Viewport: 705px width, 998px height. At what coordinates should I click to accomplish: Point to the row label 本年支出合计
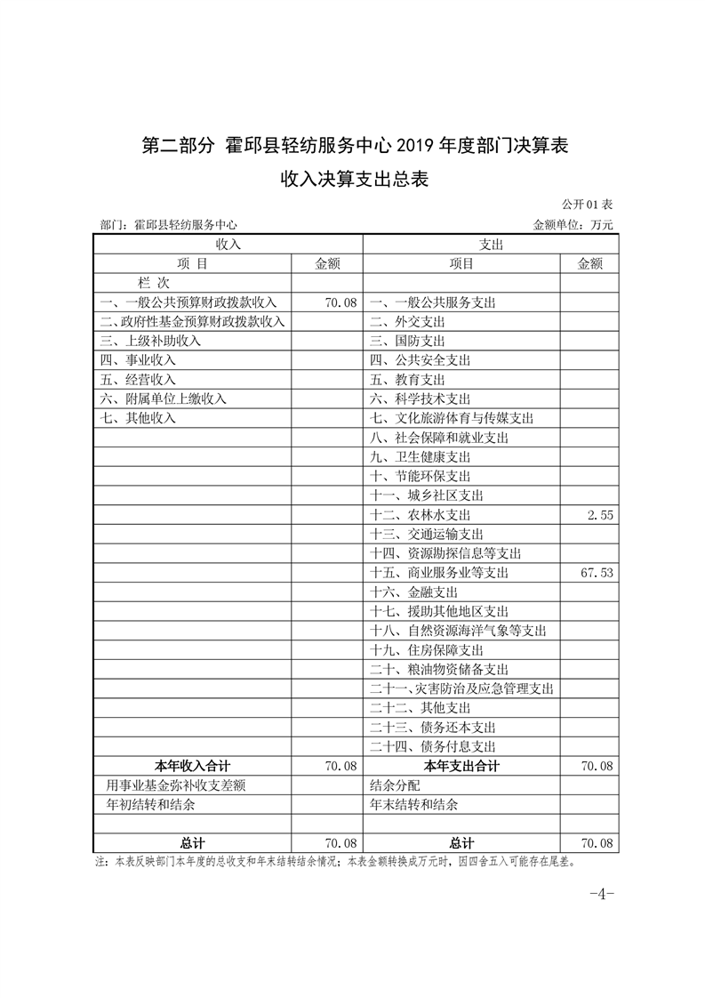pyautogui.click(x=461, y=766)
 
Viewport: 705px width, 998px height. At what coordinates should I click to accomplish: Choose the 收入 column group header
pyautogui.click(x=228, y=244)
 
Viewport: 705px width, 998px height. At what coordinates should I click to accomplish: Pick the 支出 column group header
pyautogui.click(x=491, y=244)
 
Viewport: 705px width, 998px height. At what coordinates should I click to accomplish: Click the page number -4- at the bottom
pyautogui.click(x=601, y=893)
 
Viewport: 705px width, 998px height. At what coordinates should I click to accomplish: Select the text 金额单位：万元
pyautogui.click(x=573, y=225)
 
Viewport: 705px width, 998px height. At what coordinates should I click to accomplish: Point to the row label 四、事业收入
pyautogui.click(x=139, y=360)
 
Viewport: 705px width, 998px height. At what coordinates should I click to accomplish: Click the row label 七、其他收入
pyautogui.click(x=139, y=418)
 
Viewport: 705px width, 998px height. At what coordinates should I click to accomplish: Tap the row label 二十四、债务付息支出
pyautogui.click(x=432, y=746)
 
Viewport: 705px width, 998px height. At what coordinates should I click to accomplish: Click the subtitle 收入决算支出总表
pyautogui.click(x=355, y=180)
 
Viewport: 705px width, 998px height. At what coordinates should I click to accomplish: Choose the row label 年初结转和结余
pyautogui.click(x=151, y=804)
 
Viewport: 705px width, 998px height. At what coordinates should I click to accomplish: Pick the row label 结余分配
pyautogui.click(x=394, y=785)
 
